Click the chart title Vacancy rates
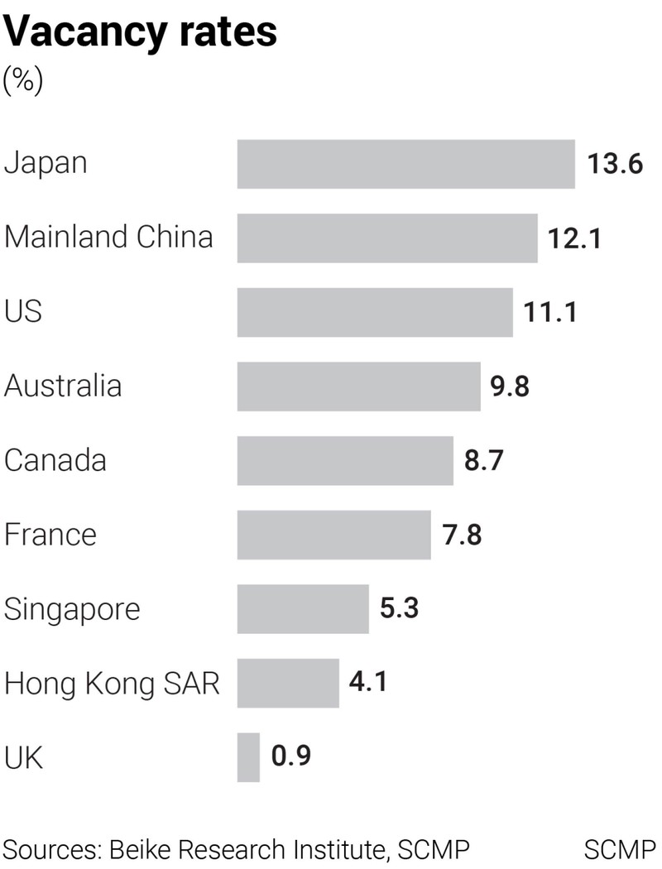pos(141,32)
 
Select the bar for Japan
pos(405,164)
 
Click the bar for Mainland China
pos(387,238)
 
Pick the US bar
pos(375,312)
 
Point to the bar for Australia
pos(358,386)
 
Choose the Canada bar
pos(345,460)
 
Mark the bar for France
pos(333,535)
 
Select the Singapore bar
pos(303,609)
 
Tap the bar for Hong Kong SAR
pos(288,683)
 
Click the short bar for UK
pos(248,757)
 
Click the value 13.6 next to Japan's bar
pos(615,164)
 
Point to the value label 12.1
pos(573,238)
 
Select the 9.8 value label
pos(510,386)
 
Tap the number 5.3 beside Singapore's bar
pos(399,609)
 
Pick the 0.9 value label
pos(291,757)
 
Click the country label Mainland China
pos(108,238)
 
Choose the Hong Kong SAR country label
pos(112,684)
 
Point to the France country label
pos(50,535)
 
